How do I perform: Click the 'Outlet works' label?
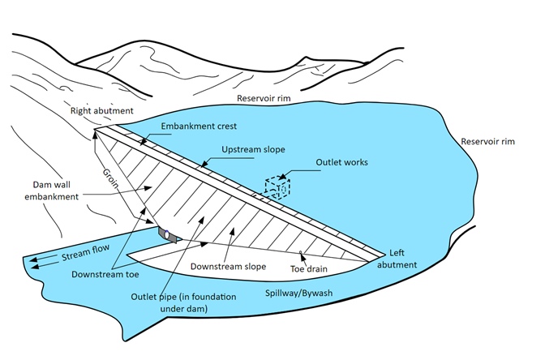tap(341, 162)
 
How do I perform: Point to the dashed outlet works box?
tap(277, 186)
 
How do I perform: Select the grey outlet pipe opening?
tap(168, 234)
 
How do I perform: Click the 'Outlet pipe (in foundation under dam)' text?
tap(183, 302)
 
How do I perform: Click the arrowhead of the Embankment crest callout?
tap(143, 142)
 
